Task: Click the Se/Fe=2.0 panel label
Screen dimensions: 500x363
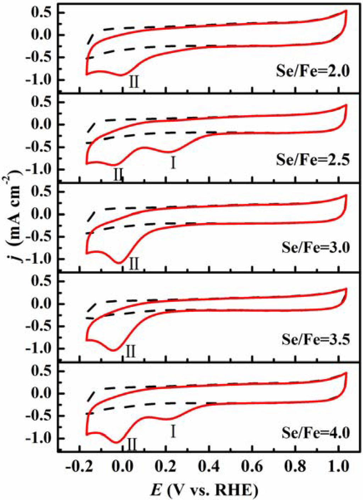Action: (x=312, y=71)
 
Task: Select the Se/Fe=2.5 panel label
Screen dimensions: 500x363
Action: (x=312, y=160)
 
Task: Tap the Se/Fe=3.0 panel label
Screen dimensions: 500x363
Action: (x=315, y=247)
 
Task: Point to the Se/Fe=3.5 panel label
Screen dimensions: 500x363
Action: (x=315, y=339)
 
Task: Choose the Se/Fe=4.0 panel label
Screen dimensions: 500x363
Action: (x=315, y=432)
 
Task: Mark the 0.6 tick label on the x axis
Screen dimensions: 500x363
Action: (x=252, y=466)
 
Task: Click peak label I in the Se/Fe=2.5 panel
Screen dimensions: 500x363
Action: (x=173, y=163)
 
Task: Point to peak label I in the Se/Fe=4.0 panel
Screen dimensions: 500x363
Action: (x=173, y=431)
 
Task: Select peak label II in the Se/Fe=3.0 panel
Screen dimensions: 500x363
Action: (x=133, y=264)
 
